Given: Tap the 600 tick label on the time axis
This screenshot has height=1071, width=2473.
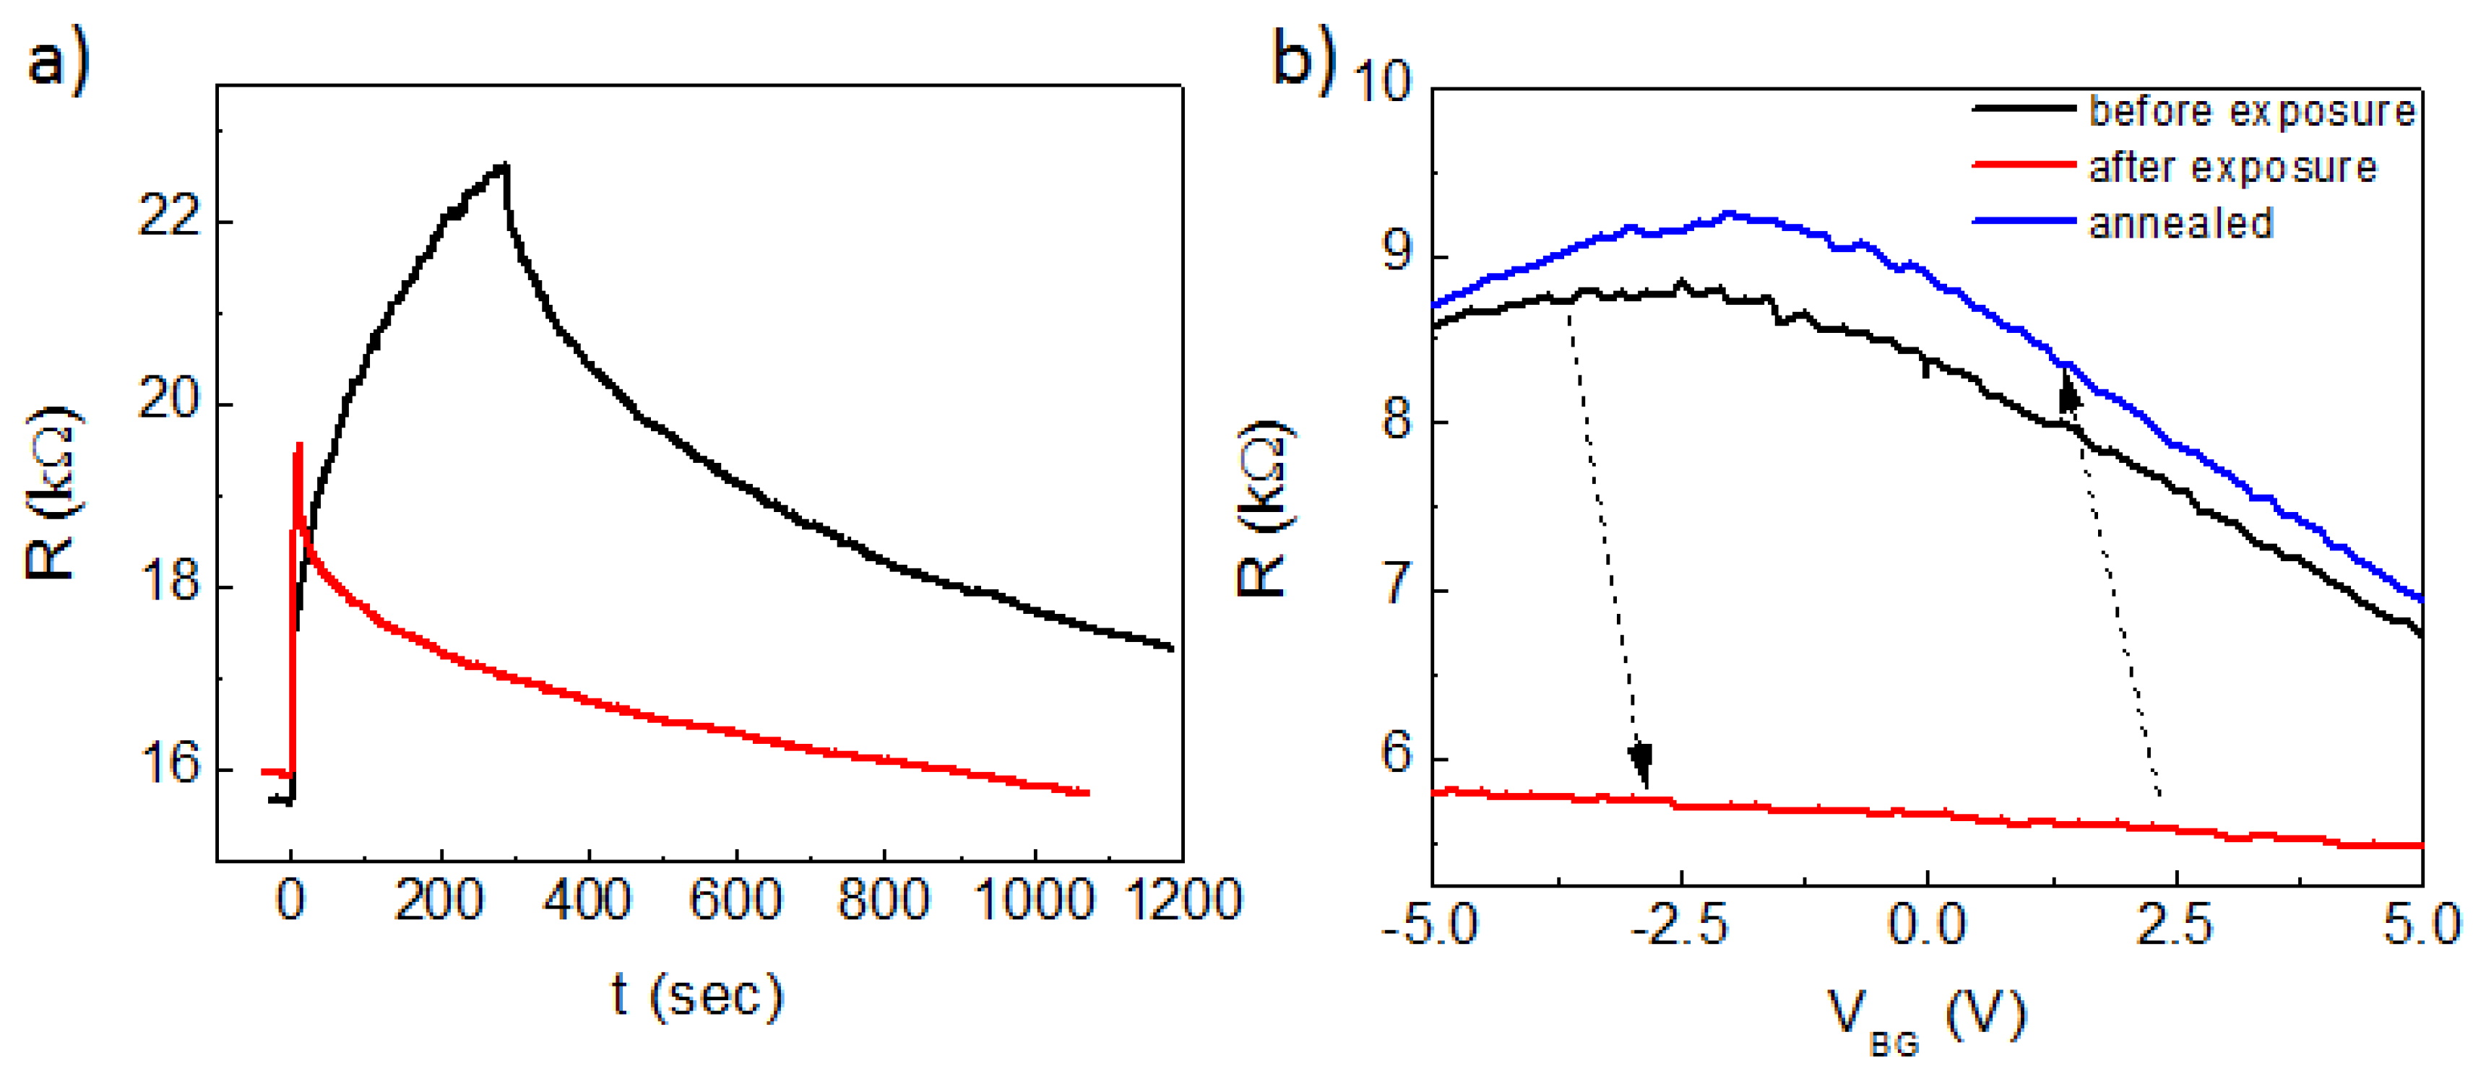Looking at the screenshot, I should point(735,900).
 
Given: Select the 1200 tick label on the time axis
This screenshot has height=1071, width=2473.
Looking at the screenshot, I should point(1183,900).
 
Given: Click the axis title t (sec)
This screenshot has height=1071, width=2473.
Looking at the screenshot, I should point(698,995).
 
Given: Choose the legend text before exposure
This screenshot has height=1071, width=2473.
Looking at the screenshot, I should point(2252,111).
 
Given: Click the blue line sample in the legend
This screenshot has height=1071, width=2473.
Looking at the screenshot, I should point(2024,222).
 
